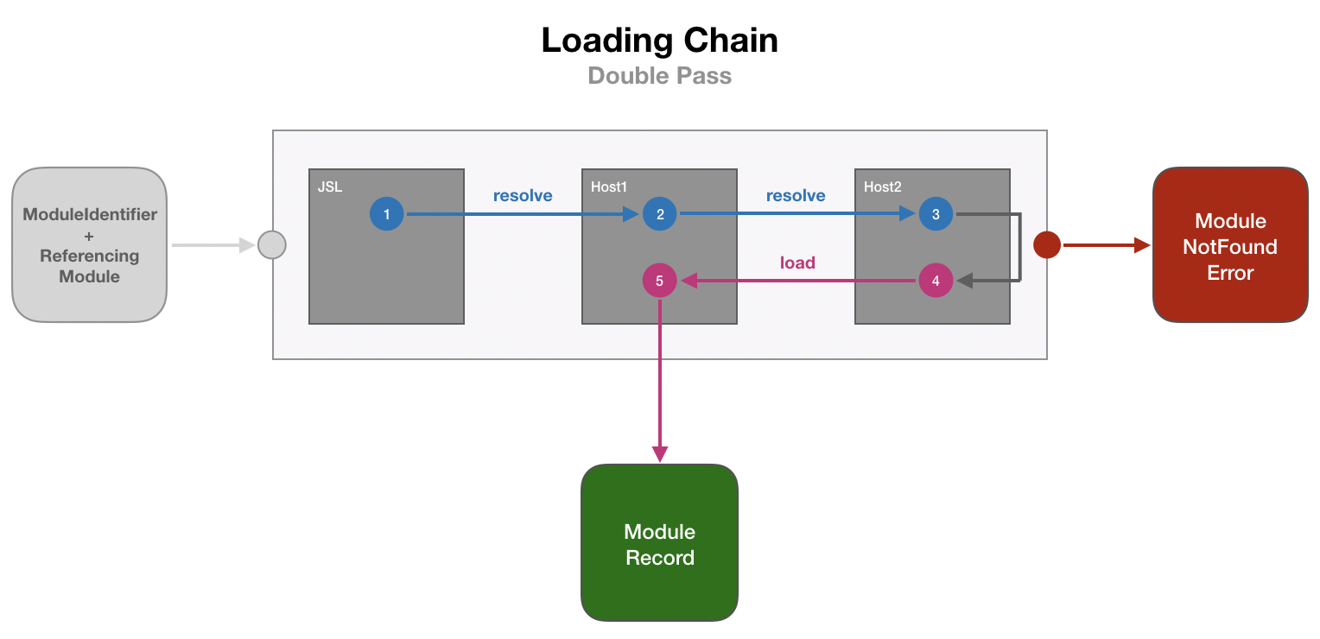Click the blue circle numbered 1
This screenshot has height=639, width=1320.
pos(387,213)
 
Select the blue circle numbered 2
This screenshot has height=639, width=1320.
pos(660,213)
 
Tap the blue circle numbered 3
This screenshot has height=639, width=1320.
pos(936,213)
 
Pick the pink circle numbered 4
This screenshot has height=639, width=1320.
pos(936,281)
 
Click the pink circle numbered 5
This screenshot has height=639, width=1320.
pos(660,281)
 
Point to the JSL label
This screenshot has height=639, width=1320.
pos(330,187)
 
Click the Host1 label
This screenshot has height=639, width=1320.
pos(609,187)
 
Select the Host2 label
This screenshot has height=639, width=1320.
pos(883,187)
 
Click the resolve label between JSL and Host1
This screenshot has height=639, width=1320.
pos(523,196)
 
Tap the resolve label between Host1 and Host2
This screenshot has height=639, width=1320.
pos(796,196)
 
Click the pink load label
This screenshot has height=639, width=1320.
pos(797,263)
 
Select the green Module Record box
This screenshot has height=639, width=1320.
pos(660,543)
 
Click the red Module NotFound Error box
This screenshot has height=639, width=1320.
pos(1230,245)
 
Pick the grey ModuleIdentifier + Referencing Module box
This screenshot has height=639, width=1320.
pos(89,245)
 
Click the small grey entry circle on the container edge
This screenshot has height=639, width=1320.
pos(272,245)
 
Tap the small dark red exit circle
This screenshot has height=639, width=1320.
pos(1047,245)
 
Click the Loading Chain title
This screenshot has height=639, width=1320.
pos(660,41)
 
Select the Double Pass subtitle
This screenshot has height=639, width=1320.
pos(660,76)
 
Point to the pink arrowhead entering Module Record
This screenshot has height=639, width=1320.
pos(660,453)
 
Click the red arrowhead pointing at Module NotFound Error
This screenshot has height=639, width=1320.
pos(1142,245)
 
